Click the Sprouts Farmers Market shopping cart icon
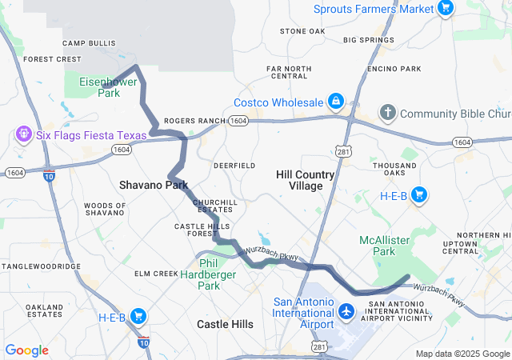[446, 9]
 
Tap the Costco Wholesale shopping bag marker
[336, 102]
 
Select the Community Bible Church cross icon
[387, 113]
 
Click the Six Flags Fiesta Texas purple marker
[23, 135]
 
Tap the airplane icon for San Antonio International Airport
[346, 310]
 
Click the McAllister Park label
[378, 246]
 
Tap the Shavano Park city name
[154, 185]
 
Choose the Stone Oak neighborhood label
[302, 31]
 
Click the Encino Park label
[394, 69]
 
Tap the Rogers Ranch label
[194, 121]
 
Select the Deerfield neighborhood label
[234, 165]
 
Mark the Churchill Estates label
[213, 206]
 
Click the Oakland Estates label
[44, 310]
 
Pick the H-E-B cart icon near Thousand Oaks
[418, 194]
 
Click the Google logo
[26, 350]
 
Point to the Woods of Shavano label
[105, 209]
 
